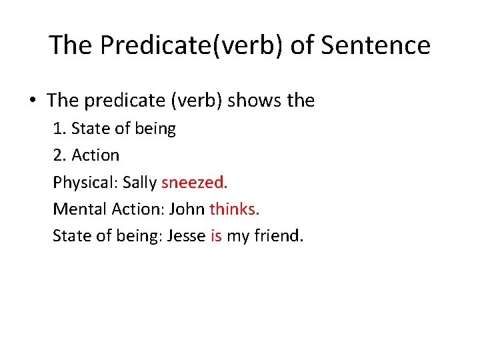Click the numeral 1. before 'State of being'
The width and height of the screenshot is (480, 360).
pyautogui.click(x=59, y=129)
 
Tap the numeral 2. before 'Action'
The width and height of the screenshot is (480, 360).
pyautogui.click(x=60, y=155)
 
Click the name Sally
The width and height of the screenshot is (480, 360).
pyautogui.click(x=140, y=183)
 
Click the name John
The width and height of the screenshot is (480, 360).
pyautogui.click(x=187, y=209)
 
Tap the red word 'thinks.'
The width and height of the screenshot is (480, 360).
pyautogui.click(x=235, y=209)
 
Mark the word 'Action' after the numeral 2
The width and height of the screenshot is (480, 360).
pyautogui.click(x=95, y=155)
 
